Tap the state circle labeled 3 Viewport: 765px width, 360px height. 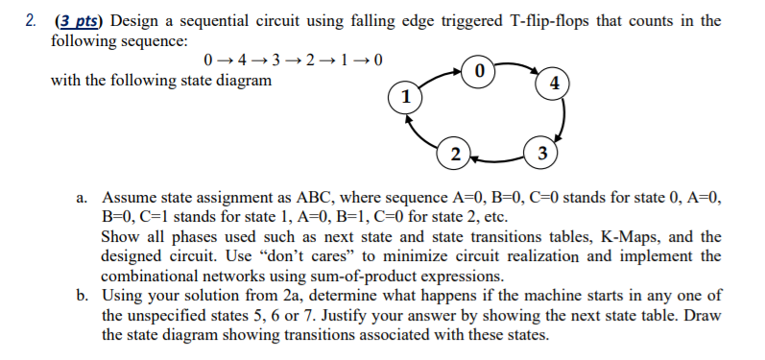click(x=543, y=154)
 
